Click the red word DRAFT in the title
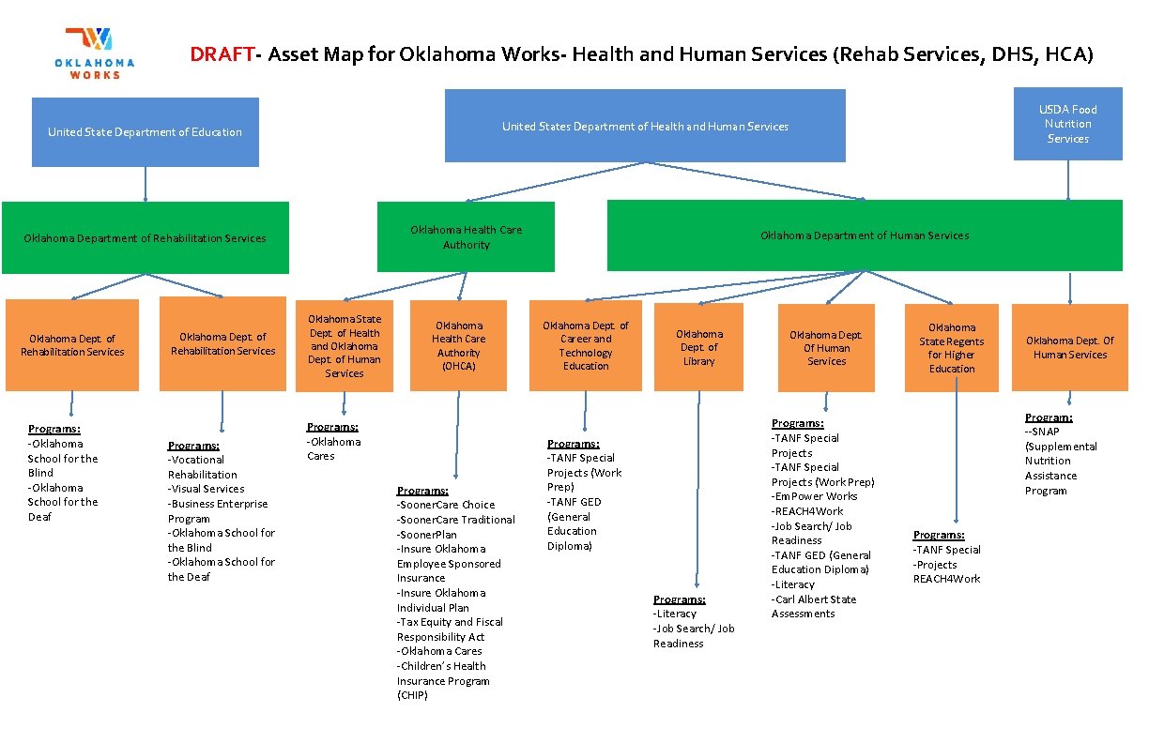click(x=222, y=54)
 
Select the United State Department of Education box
click(x=146, y=132)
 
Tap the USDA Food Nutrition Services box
click(x=1067, y=124)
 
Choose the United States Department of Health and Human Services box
click(x=645, y=126)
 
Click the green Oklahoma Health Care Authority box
click(x=466, y=237)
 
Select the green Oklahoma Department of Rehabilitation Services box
click(x=145, y=238)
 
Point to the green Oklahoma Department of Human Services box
click(x=865, y=235)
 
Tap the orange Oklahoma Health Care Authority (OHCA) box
click(x=459, y=345)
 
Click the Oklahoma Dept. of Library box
click(x=698, y=347)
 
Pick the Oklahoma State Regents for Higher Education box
click(x=952, y=348)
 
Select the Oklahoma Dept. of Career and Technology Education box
click(x=586, y=345)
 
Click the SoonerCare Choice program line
click(x=446, y=505)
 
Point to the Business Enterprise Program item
click(x=217, y=510)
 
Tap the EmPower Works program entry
click(x=815, y=496)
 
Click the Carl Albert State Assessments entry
click(x=813, y=606)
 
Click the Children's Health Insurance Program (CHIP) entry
click(x=442, y=680)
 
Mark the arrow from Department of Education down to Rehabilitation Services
click(x=146, y=184)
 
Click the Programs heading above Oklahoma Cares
click(x=332, y=427)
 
